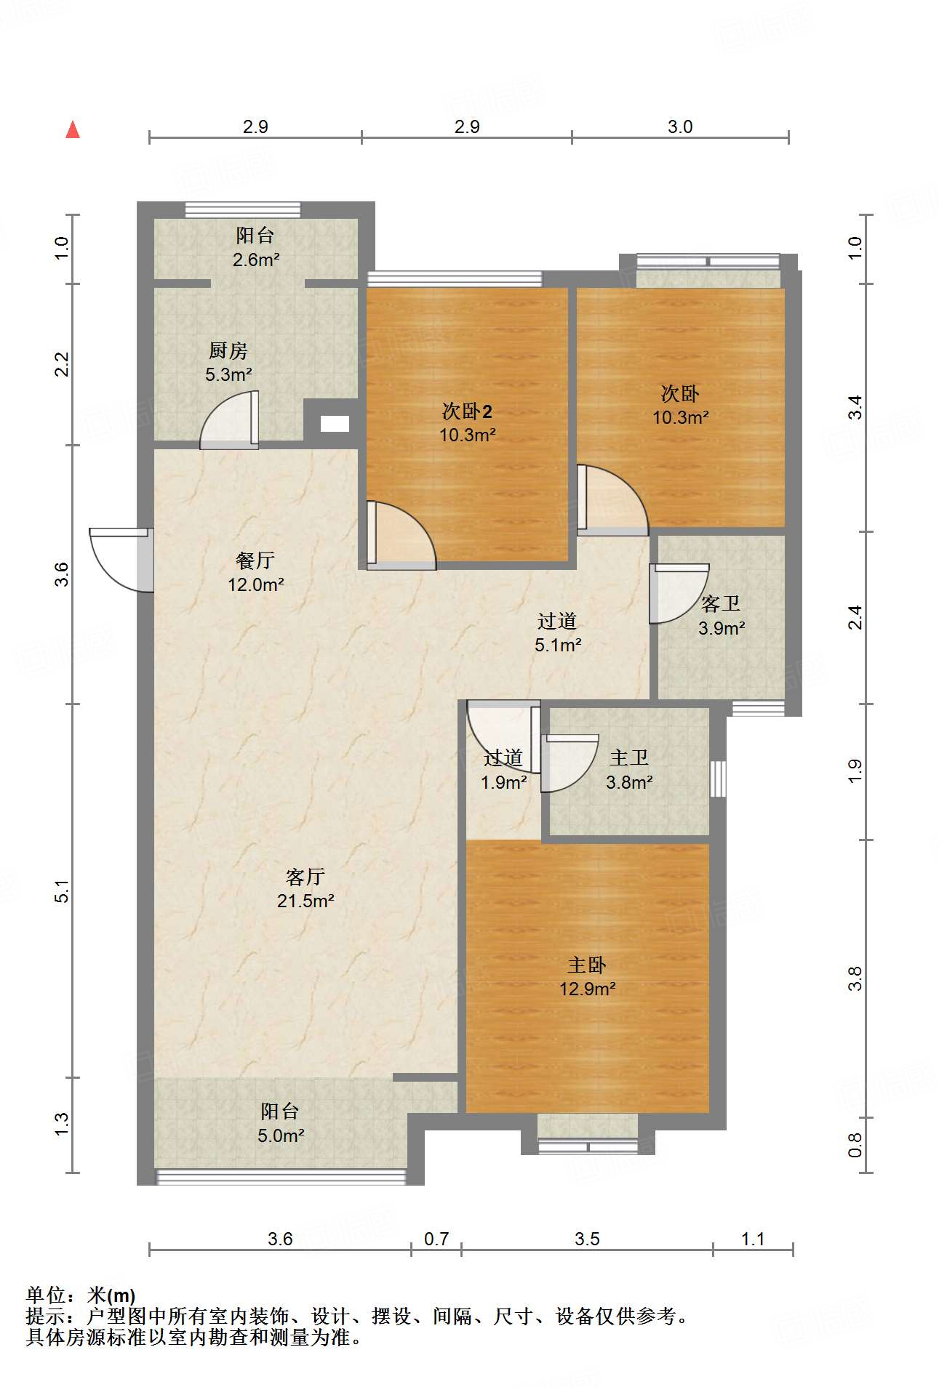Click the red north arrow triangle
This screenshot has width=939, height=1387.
[73, 130]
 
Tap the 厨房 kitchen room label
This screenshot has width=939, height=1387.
[228, 351]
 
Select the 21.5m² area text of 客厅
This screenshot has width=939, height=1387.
[305, 901]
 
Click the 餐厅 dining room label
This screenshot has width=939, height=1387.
[255, 560]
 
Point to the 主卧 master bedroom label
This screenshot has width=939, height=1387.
[587, 965]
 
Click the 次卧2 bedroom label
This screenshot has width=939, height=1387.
[467, 412]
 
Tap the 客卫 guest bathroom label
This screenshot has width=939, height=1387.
[721, 604]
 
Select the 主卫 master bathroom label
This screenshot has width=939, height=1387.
[629, 758]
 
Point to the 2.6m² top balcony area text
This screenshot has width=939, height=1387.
[256, 260]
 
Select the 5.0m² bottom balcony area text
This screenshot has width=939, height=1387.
[281, 1135]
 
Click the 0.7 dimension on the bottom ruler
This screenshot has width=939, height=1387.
[436, 1239]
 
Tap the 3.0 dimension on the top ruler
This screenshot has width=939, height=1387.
[680, 127]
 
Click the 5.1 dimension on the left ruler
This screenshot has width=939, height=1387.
[63, 891]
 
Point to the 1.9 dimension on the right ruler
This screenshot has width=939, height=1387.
[855, 771]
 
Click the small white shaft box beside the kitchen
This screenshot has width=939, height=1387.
[335, 424]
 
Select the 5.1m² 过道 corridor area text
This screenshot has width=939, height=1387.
[558, 645]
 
